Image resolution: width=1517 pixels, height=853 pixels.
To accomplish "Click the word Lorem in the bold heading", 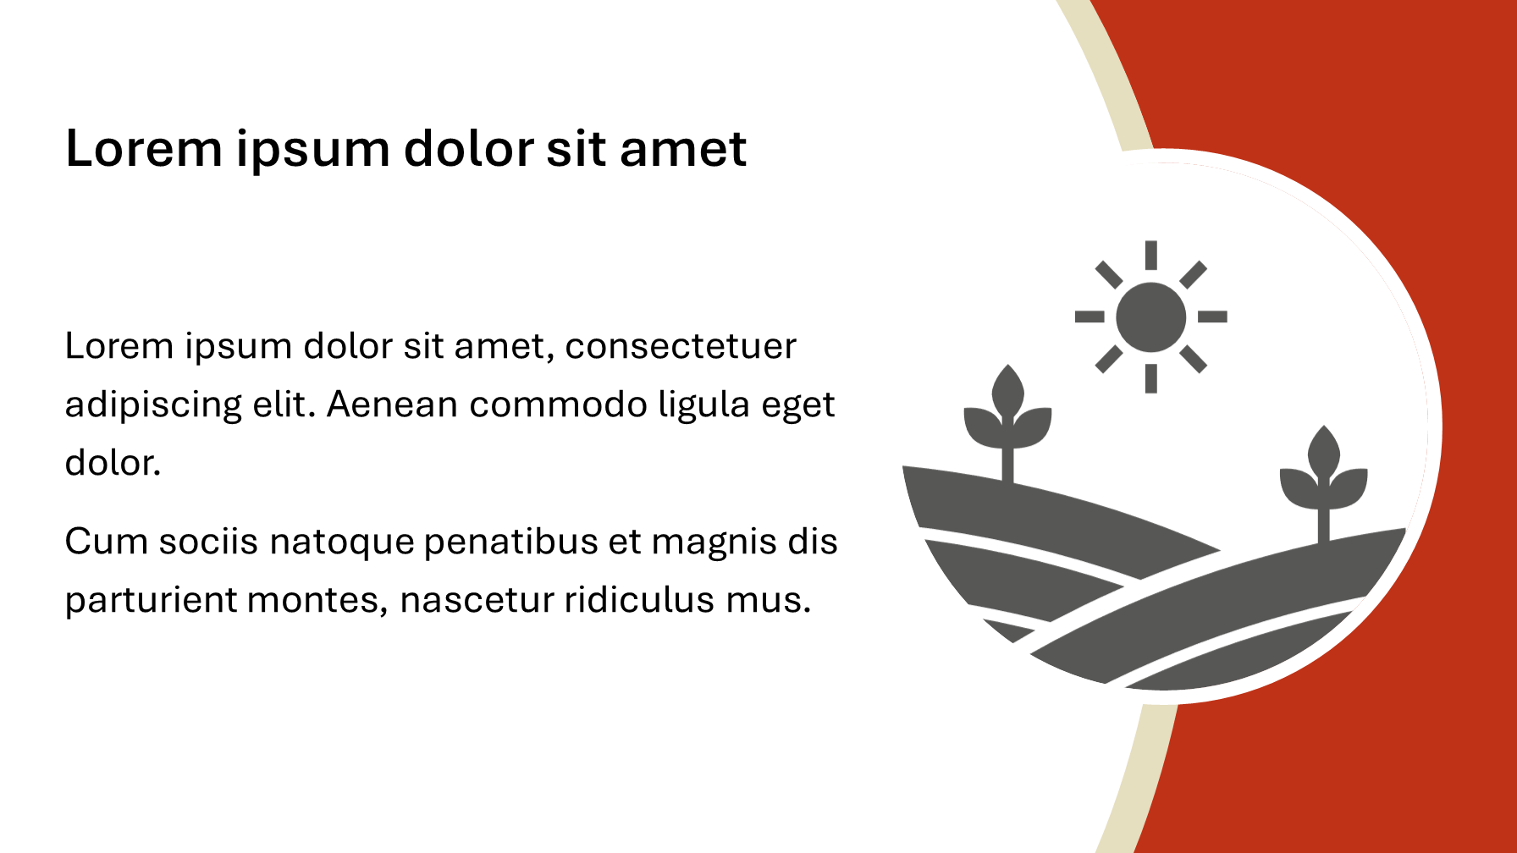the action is [x=143, y=149].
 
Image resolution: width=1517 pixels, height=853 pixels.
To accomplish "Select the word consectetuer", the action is [x=681, y=346].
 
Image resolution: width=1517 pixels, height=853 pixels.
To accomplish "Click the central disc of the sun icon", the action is [x=1150, y=316].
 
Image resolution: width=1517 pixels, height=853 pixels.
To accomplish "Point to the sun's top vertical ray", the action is [x=1150, y=256].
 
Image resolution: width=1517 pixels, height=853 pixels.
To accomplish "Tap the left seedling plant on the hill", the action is [x=1007, y=423].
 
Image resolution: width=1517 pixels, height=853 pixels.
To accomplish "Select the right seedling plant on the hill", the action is [x=1323, y=483].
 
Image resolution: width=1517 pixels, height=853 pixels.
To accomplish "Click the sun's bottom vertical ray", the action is [x=1150, y=378].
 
